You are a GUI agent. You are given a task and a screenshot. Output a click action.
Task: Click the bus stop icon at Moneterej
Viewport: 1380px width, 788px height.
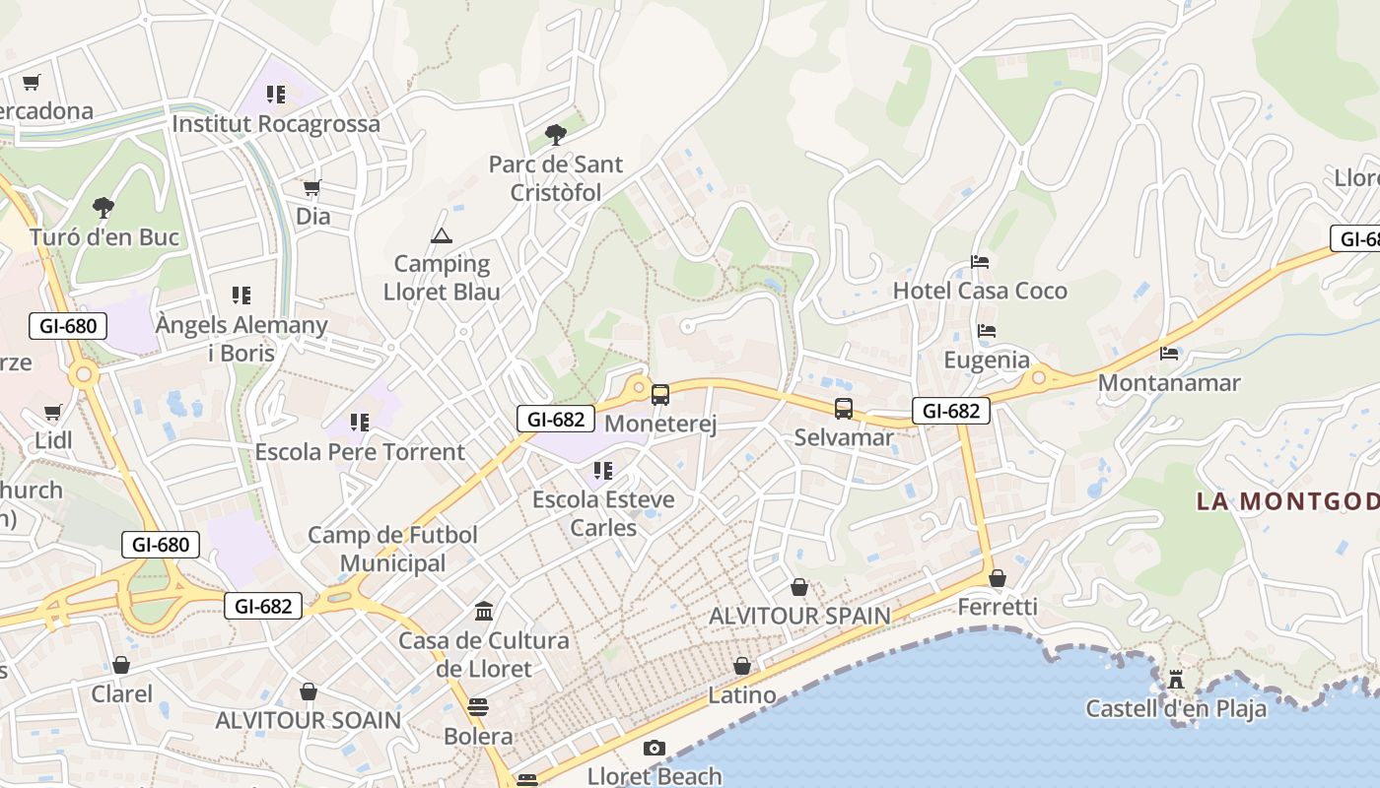[x=660, y=395]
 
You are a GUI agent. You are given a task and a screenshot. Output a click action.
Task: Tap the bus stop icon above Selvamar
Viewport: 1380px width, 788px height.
[x=844, y=408]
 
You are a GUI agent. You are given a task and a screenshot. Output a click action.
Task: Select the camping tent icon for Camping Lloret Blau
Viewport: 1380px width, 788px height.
[x=441, y=235]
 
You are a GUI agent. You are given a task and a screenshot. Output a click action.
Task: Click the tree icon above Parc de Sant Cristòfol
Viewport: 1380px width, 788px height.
[x=556, y=135]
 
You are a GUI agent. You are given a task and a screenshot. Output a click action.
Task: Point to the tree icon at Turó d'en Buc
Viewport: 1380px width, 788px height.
[x=103, y=208]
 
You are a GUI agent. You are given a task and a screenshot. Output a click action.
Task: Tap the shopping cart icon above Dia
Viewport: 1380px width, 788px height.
[x=312, y=187]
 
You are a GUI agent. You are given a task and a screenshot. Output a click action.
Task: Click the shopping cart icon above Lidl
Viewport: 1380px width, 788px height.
[x=53, y=412]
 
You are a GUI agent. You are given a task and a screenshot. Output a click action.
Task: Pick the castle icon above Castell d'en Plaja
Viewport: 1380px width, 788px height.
[x=1175, y=679]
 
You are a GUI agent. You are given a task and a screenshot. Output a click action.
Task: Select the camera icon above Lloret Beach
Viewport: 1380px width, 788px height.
[x=655, y=748]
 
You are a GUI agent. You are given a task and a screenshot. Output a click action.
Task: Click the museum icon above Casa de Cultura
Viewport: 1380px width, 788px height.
[x=484, y=612]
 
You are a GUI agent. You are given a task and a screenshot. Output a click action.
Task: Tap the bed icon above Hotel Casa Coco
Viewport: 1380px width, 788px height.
[x=980, y=262]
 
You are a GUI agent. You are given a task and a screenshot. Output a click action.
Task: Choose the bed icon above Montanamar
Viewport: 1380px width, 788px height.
[x=1169, y=353]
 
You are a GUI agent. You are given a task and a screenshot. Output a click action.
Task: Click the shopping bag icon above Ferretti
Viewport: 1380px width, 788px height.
[x=998, y=578]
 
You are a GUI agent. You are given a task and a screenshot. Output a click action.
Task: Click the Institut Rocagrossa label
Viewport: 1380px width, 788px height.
[x=276, y=124]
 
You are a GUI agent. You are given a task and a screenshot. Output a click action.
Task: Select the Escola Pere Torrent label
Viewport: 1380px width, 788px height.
[x=360, y=452]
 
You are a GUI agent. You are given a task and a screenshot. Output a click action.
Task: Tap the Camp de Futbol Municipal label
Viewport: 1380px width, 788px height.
[x=392, y=549]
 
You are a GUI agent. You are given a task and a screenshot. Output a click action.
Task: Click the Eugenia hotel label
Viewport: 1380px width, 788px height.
[x=987, y=360]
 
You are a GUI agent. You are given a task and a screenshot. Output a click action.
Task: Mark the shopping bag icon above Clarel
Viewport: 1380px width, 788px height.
[x=121, y=665]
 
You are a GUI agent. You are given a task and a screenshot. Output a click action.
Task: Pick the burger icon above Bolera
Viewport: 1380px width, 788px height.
[x=478, y=706]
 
